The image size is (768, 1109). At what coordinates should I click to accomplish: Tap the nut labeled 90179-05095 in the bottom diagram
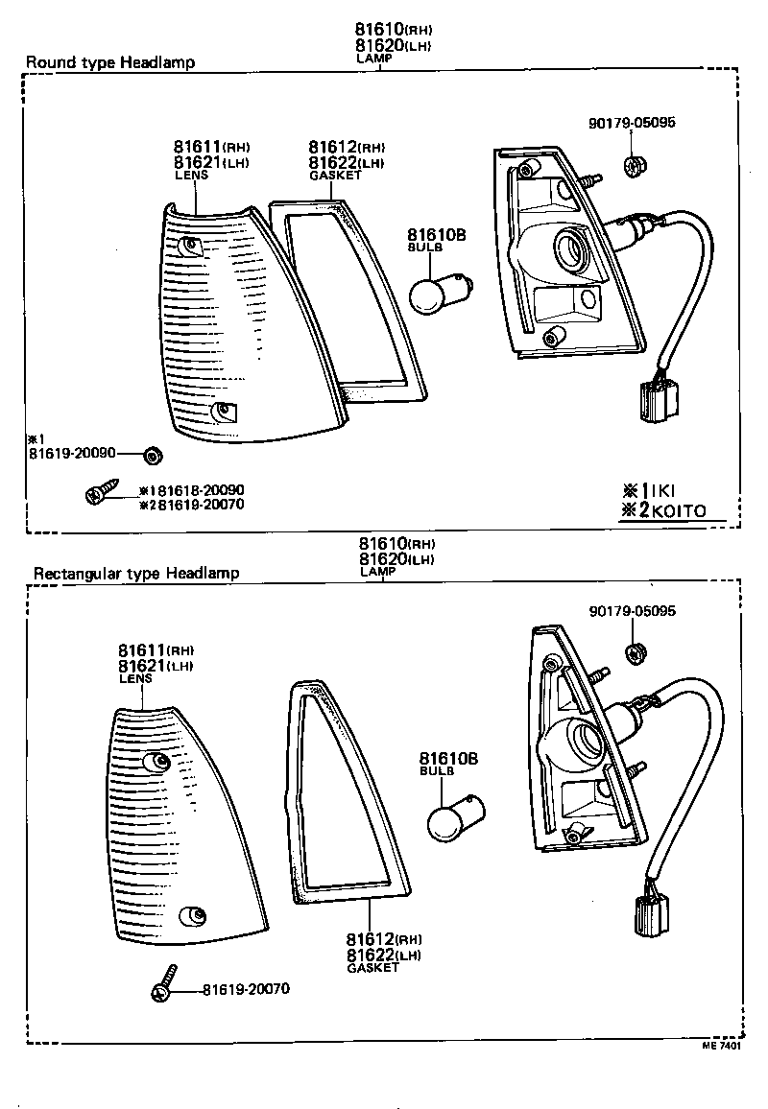coord(635,653)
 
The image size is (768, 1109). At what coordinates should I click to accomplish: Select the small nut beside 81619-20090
coord(151,454)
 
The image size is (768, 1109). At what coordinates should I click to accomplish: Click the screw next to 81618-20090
coord(99,493)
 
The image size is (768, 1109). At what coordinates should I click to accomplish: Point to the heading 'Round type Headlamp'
coord(109,62)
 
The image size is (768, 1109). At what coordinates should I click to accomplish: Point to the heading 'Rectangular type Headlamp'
coord(136,574)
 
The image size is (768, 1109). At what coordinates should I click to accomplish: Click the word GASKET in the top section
coord(335,177)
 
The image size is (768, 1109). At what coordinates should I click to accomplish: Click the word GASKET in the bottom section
coord(372,968)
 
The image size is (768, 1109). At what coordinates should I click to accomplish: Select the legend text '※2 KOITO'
coord(662,511)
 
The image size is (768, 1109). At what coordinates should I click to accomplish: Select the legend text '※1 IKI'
coord(649,490)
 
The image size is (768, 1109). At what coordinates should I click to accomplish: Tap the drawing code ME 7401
coord(720,1048)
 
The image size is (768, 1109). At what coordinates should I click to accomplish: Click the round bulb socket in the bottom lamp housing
coord(583,743)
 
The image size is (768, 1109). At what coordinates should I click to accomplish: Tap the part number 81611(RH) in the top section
coord(211,147)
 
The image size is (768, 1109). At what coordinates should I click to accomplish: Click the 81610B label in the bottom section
coord(448,758)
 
